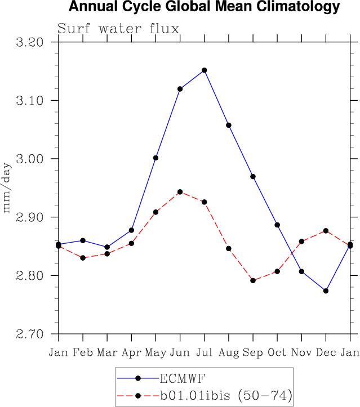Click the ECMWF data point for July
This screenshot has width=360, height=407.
point(204,70)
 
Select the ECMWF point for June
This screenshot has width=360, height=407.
point(180,89)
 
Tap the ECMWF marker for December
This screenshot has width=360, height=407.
point(326,290)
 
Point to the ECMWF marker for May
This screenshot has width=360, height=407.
point(155,158)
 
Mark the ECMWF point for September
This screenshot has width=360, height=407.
point(253,177)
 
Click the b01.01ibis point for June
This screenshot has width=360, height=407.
point(180,192)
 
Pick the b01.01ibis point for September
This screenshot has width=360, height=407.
point(253,280)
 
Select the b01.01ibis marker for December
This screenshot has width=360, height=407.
point(326,231)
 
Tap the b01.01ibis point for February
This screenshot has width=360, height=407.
point(83,258)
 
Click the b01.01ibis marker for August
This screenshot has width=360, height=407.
point(229,248)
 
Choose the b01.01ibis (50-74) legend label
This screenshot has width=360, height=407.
point(226,396)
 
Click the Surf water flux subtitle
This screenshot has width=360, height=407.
point(118,29)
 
